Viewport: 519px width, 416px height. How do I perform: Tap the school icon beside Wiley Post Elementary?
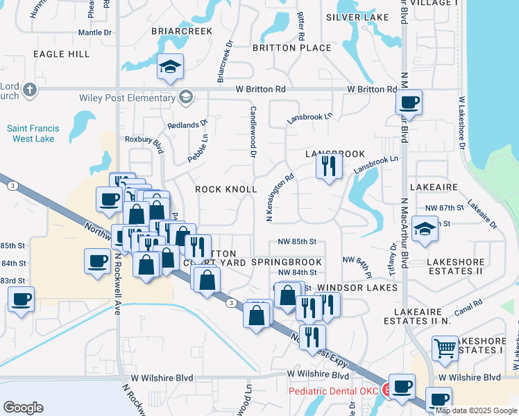pyautogui.click(x=185, y=97)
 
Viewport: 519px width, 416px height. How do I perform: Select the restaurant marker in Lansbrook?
pyautogui.click(x=328, y=166)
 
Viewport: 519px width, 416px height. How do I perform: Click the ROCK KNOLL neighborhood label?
pyautogui.click(x=226, y=189)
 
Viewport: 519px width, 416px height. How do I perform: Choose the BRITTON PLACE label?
pyautogui.click(x=291, y=48)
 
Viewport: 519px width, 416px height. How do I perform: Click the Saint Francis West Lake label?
pyautogui.click(x=42, y=133)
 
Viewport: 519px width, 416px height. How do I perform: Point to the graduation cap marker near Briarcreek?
pyautogui.click(x=170, y=67)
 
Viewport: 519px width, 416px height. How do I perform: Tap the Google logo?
pyautogui.click(x=23, y=408)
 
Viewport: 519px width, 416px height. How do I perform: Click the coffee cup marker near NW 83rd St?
pyautogui.click(x=21, y=300)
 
